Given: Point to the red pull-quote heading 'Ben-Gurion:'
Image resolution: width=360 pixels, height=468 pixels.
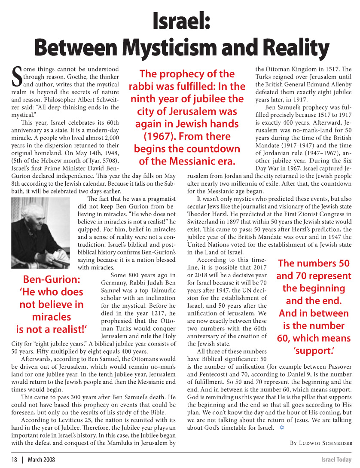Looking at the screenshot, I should point(52,279).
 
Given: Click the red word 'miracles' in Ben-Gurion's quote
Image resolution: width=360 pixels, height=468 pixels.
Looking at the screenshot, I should point(52,317).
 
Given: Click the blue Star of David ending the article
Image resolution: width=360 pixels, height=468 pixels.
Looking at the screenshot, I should point(281,428).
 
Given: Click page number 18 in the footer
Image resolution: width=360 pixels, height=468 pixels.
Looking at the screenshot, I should point(14,459).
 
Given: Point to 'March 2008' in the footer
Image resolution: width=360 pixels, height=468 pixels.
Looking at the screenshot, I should point(41,459).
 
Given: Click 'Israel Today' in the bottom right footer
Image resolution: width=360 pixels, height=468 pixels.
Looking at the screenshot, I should point(337,459).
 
